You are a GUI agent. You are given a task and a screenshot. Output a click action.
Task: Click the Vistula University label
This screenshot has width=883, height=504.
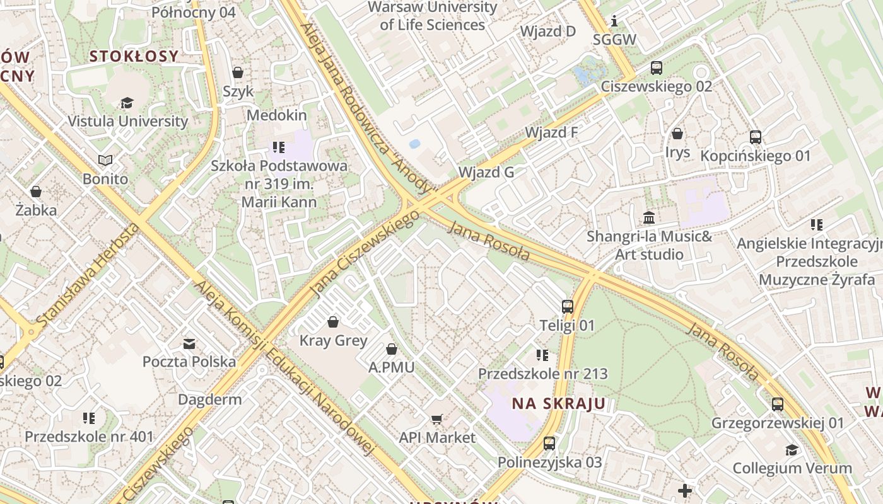127,121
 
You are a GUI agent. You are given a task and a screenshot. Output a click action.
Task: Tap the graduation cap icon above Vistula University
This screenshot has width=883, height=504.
127,103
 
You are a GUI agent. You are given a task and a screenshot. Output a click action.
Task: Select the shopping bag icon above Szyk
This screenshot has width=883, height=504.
238,72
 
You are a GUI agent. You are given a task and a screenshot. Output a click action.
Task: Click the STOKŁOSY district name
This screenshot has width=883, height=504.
134,56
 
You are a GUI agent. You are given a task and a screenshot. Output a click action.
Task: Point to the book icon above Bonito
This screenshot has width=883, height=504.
105,161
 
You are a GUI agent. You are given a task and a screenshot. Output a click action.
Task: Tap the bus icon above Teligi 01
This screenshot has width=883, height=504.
568,307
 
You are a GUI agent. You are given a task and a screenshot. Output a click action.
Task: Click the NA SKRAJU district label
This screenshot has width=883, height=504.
558,404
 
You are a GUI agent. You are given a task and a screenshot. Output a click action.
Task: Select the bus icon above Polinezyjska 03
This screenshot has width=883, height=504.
549,443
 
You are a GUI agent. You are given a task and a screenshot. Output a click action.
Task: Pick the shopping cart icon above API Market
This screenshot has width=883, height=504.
437,419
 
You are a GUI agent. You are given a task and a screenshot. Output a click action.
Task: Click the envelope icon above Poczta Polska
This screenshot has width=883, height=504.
189,343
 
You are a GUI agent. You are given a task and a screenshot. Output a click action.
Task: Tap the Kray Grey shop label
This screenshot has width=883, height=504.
333,341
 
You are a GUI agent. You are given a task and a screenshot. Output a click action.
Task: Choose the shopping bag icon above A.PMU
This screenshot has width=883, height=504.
392,349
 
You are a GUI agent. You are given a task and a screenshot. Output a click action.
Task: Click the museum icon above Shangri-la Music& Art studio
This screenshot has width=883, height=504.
649,218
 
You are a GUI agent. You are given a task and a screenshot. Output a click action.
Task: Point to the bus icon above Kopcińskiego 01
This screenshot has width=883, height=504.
756,137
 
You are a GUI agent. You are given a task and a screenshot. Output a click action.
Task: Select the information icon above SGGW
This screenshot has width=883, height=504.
614,21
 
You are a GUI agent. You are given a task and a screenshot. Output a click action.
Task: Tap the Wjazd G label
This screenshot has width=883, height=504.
486,172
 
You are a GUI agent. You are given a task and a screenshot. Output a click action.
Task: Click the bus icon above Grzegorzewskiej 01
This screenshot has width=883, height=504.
778,404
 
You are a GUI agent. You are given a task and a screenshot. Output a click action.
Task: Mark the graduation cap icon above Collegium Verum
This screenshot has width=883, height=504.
792,450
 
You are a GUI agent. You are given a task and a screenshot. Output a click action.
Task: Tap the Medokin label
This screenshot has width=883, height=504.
276,115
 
